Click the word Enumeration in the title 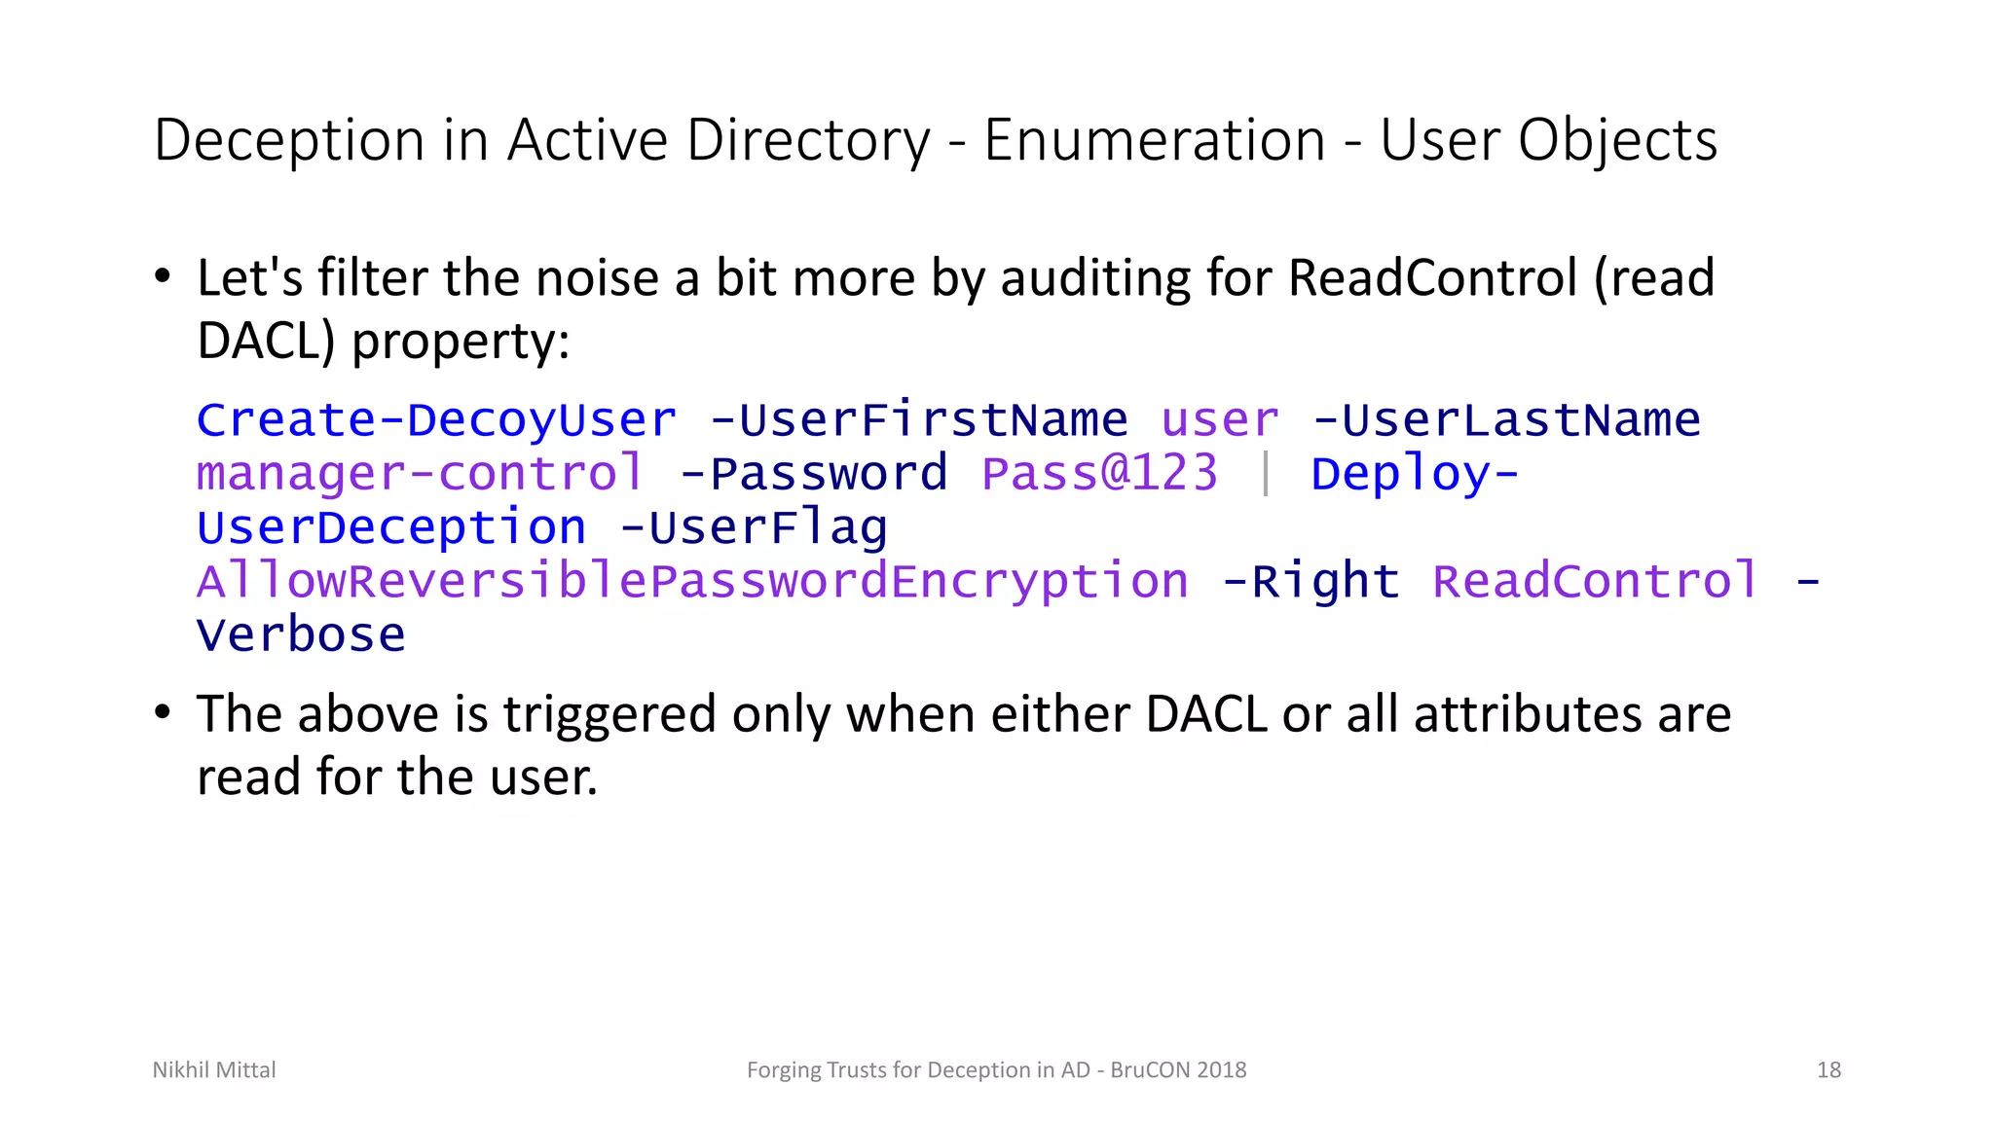[1155, 140]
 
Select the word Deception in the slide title [289, 140]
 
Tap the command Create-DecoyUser [436, 420]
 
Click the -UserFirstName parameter [918, 420]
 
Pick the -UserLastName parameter [1506, 420]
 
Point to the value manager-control [421, 474]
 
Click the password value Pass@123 [1099, 474]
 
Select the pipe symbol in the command [1265, 474]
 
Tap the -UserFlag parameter [754, 528]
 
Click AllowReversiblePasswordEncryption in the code [692, 582]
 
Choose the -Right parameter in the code [1311, 582]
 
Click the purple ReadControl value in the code [1595, 582]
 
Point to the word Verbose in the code [301, 636]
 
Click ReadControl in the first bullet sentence [1432, 278]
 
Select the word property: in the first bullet [461, 342]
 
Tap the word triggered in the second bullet [609, 714]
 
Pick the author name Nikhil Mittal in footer [214, 1070]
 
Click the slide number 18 [1828, 1070]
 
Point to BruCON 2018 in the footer [1178, 1070]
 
